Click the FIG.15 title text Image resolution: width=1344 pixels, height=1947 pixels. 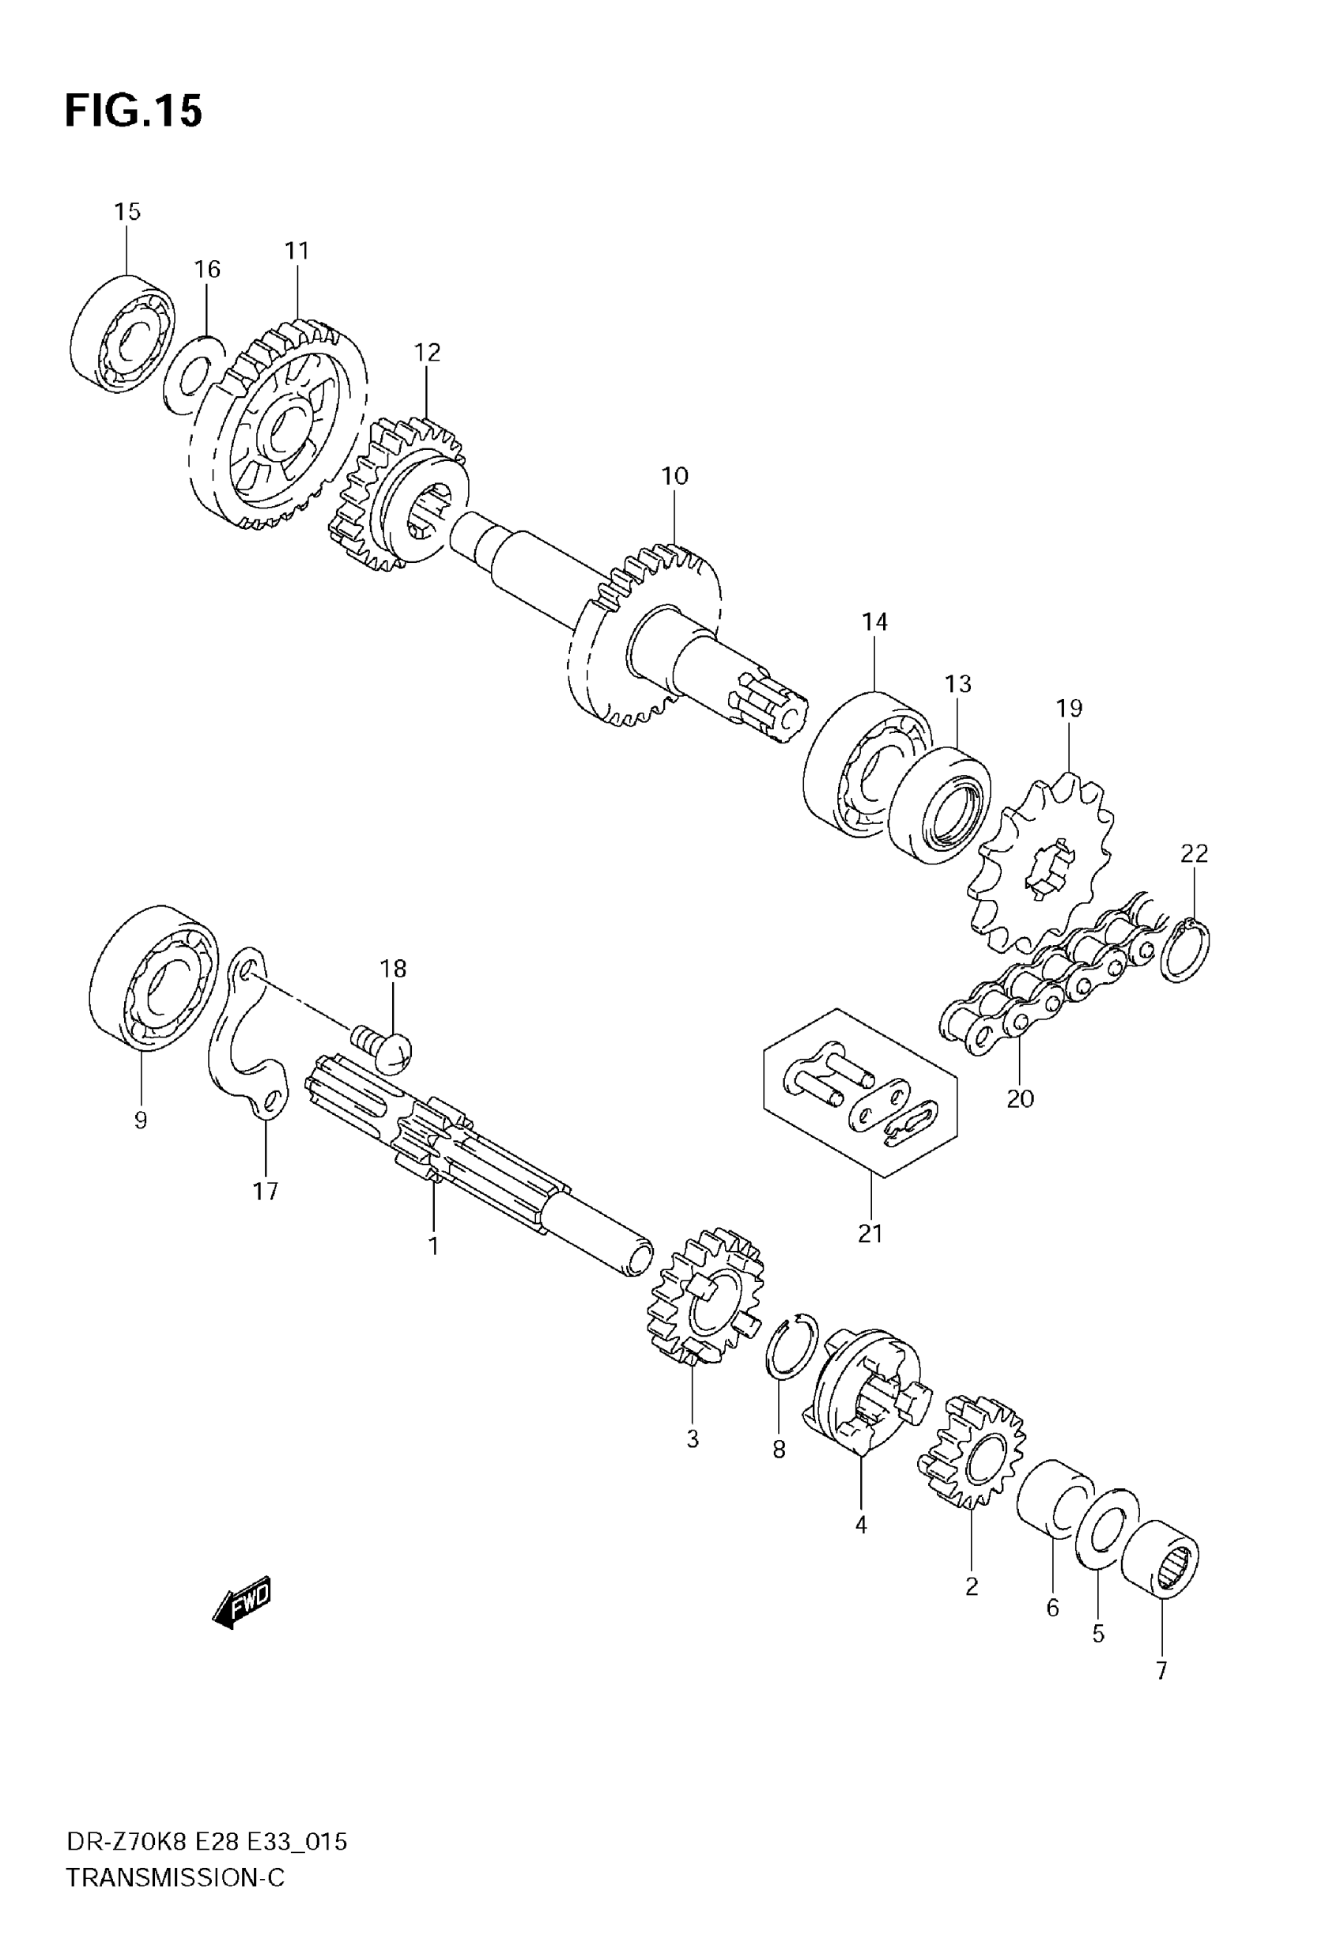point(133,112)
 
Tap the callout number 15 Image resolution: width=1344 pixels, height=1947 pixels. point(127,211)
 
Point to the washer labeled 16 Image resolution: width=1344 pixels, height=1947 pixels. point(194,375)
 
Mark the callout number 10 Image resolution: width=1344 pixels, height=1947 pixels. point(674,477)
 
